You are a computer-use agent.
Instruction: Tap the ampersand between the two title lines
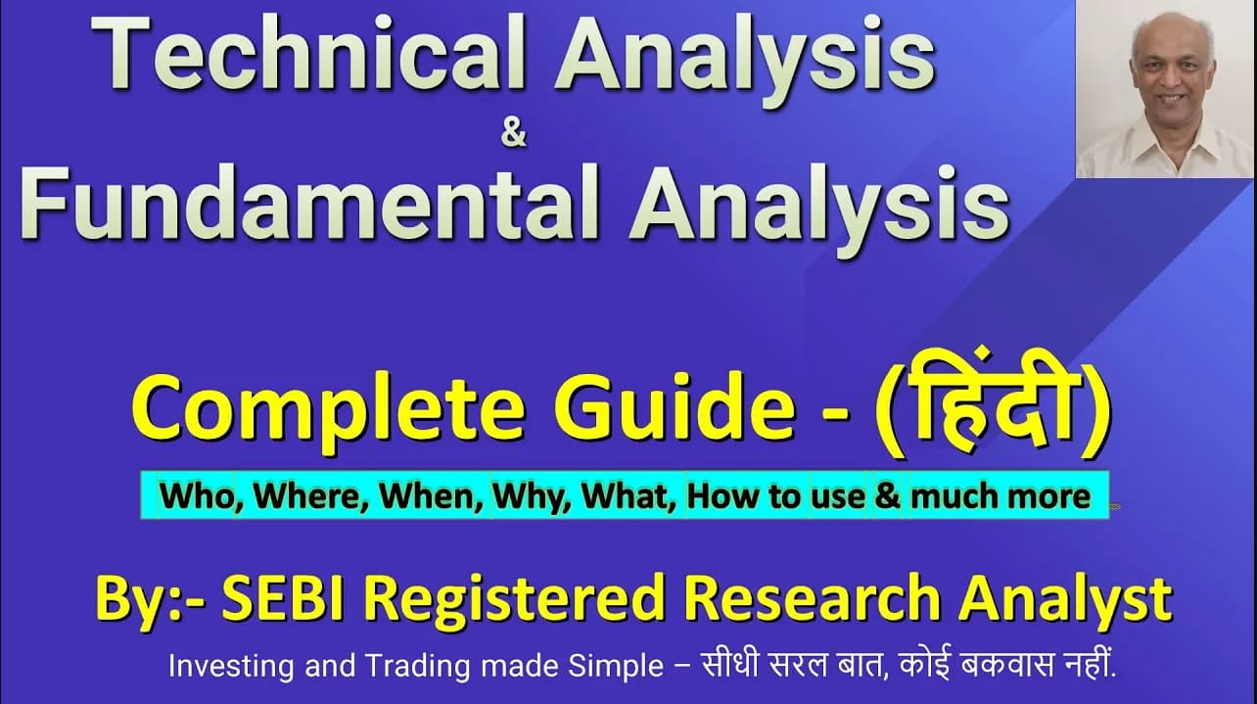513,136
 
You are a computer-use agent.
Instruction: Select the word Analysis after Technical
745,60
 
